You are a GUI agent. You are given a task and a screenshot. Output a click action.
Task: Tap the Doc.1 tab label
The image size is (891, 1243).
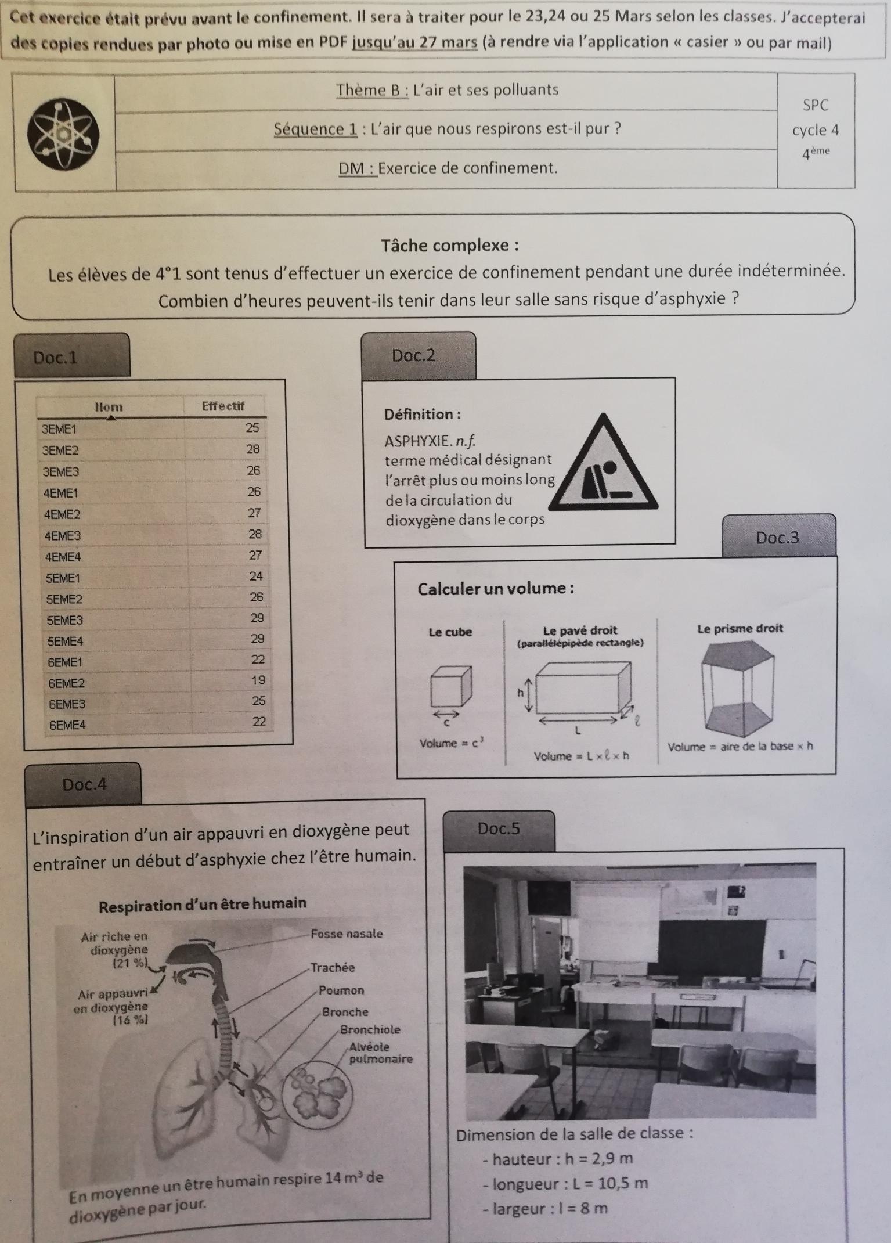click(x=56, y=357)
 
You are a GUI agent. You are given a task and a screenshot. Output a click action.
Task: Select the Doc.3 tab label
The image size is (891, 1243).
click(x=777, y=538)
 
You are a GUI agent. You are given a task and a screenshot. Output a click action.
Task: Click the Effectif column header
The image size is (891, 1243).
click(x=223, y=406)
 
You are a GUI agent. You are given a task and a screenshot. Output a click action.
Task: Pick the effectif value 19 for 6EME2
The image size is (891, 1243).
click(x=258, y=680)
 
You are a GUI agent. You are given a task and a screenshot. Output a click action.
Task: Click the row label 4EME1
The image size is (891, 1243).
click(x=61, y=493)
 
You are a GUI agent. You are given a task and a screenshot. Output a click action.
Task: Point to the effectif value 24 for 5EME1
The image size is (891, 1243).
click(x=256, y=576)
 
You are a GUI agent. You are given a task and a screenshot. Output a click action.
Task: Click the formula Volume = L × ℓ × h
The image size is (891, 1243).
click(x=581, y=756)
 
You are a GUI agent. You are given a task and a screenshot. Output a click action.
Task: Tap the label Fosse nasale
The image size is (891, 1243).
click(x=347, y=934)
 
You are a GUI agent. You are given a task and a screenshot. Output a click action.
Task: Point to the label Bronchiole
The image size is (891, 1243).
click(x=370, y=1029)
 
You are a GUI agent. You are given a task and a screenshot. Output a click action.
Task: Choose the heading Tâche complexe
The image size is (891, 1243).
click(x=450, y=246)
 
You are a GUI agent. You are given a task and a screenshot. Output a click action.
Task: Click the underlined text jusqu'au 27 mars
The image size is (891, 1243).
click(x=415, y=42)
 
